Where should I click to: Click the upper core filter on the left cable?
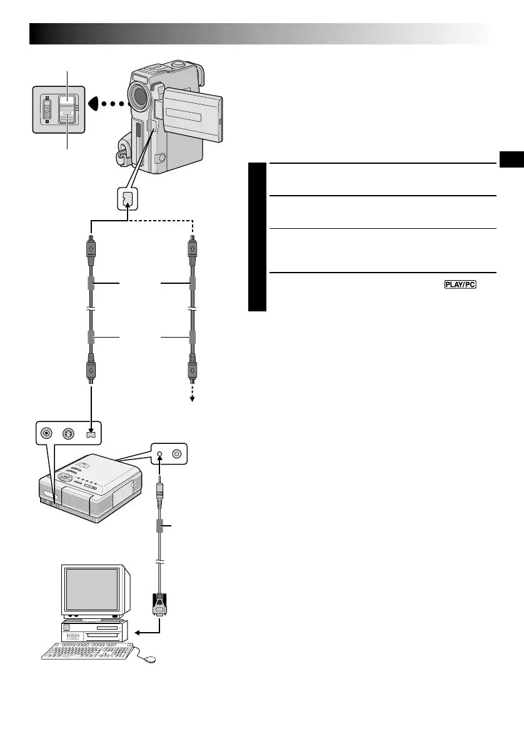coord(91,284)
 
